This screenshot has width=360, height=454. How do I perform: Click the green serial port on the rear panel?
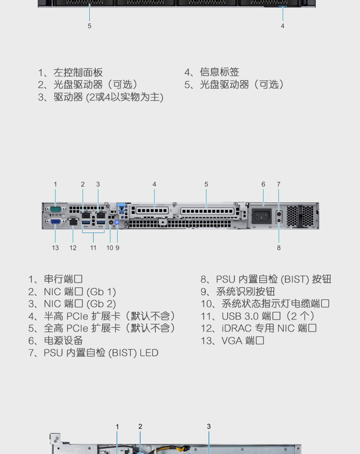click(x=55, y=209)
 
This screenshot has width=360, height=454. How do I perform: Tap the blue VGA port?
click(x=55, y=221)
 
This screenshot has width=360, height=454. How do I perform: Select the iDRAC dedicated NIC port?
click(x=73, y=222)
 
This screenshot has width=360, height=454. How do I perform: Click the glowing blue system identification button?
click(x=117, y=222)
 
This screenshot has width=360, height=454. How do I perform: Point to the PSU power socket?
click(x=262, y=216)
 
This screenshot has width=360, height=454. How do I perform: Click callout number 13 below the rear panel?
click(x=55, y=248)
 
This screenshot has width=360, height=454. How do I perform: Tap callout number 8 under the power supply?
click(x=279, y=248)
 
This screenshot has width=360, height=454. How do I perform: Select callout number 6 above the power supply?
click(x=263, y=184)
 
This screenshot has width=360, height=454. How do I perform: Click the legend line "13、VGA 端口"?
click(x=232, y=341)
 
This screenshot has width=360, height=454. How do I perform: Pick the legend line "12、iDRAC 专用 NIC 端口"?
click(x=258, y=328)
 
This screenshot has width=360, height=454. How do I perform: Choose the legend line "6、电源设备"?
click(x=56, y=341)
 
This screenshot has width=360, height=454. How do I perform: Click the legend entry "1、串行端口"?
click(x=55, y=279)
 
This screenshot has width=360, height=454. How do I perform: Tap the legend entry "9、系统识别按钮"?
click(x=238, y=291)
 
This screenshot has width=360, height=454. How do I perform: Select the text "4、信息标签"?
click(x=212, y=72)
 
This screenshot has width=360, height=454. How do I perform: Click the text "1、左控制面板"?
click(x=71, y=72)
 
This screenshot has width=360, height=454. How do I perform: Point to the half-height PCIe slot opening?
click(x=152, y=211)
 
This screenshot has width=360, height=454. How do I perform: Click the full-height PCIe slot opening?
click(x=207, y=211)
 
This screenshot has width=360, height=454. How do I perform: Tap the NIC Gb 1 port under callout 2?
click(x=86, y=215)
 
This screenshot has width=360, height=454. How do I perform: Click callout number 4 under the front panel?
click(x=282, y=26)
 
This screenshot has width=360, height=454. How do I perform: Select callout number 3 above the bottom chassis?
click(x=209, y=427)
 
